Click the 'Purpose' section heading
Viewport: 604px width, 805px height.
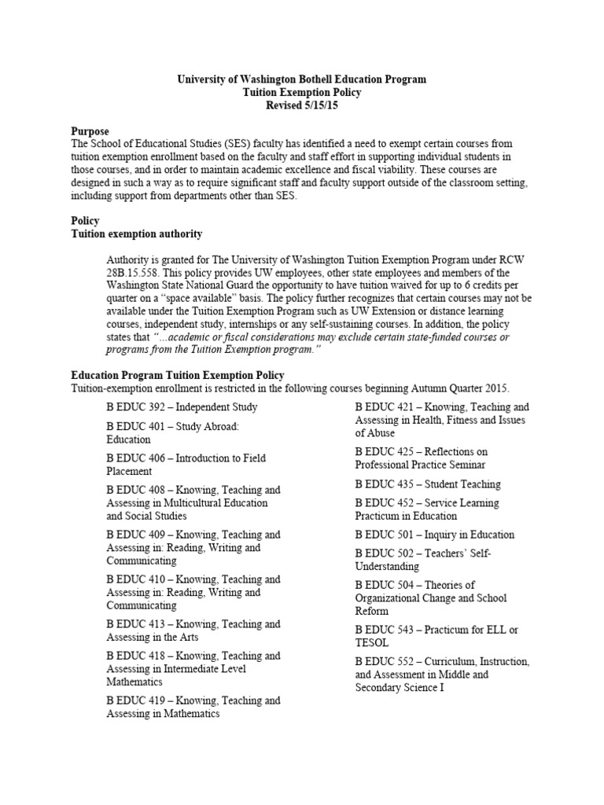[90, 130]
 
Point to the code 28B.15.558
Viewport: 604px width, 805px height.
[134, 271]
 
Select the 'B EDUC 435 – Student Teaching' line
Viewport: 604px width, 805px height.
[427, 483]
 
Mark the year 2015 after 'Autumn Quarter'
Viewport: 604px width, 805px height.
[496, 388]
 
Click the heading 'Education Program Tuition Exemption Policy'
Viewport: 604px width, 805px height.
[178, 375]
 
